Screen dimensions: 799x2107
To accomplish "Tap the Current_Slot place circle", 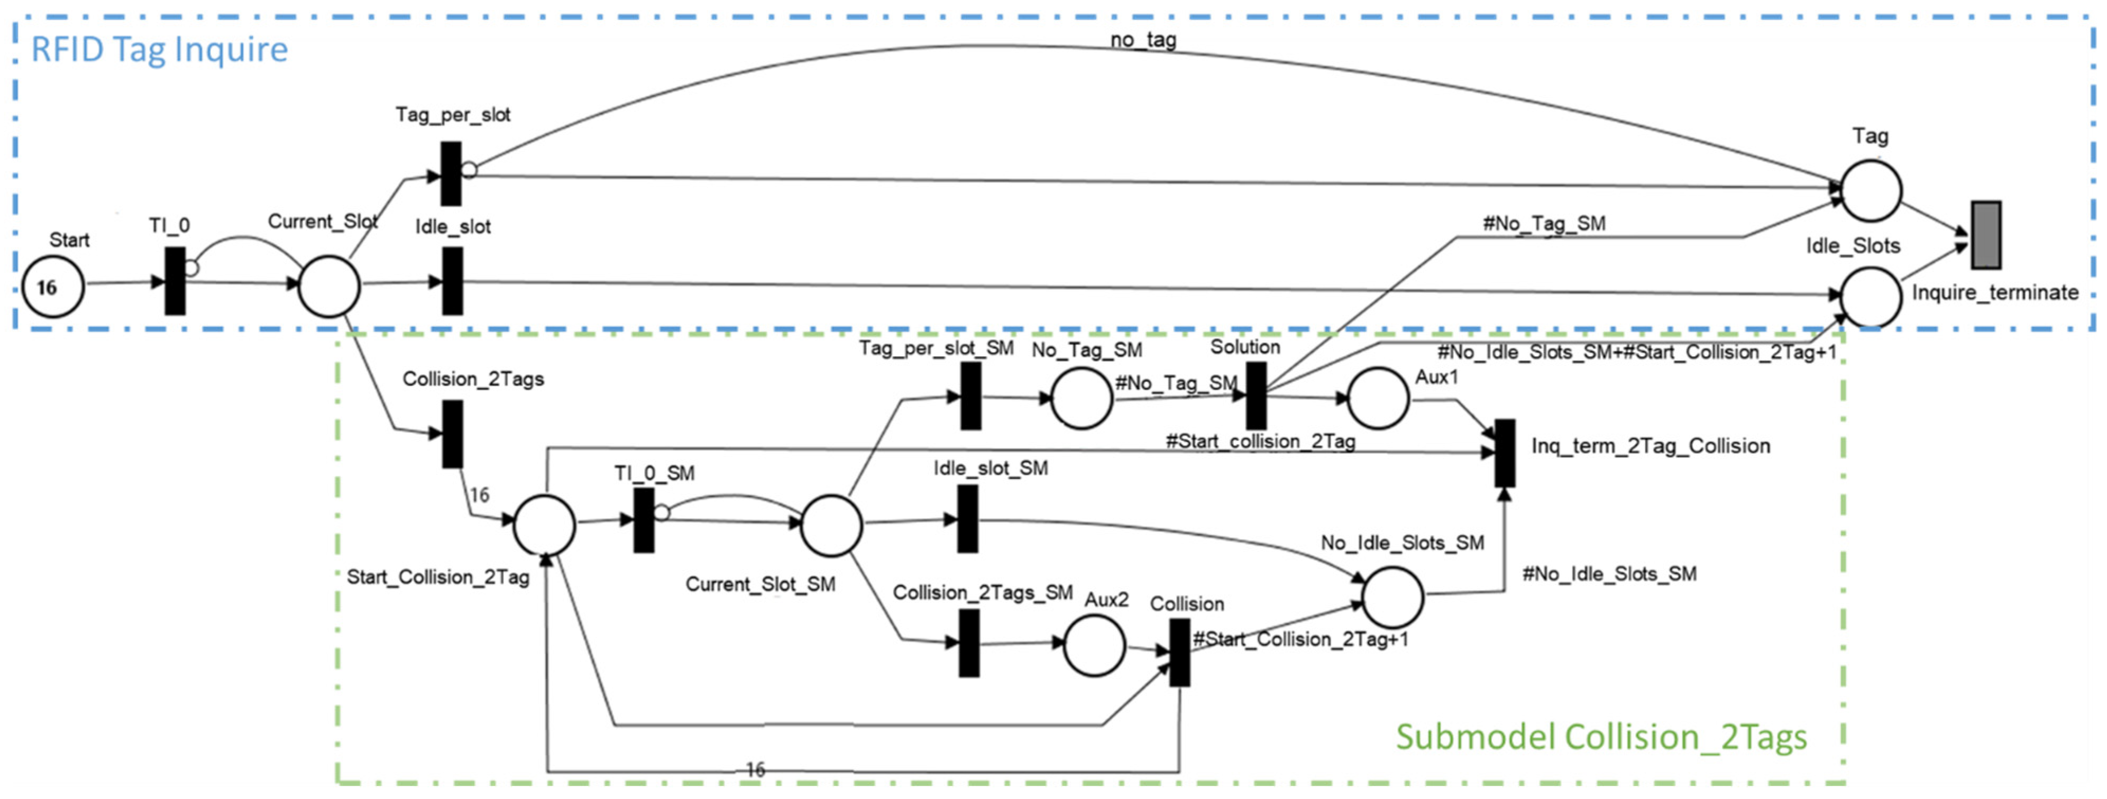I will (x=329, y=286).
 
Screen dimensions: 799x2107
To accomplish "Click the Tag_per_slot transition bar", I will (x=451, y=173).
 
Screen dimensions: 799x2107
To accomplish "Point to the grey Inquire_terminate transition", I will (x=1985, y=235).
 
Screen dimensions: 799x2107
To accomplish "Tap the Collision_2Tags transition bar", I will (x=452, y=434).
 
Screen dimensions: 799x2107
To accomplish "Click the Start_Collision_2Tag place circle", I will (x=544, y=525).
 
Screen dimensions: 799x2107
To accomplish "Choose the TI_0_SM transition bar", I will (x=644, y=520).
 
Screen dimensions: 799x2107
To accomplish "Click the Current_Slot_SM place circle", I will (x=830, y=525).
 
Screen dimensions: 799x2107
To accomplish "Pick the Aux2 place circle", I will (x=1094, y=645).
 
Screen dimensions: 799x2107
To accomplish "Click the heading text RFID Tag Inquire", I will (x=160, y=49).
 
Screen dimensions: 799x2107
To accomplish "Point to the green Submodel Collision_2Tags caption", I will (x=1601, y=737).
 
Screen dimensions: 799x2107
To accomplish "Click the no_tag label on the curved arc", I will (x=1143, y=39).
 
